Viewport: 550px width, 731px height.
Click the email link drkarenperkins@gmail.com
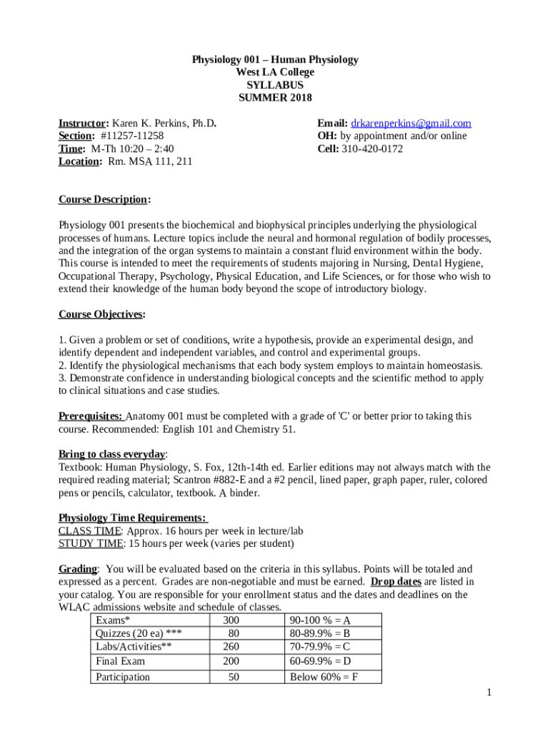[x=411, y=123]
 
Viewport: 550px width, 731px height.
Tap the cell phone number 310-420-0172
[x=372, y=148]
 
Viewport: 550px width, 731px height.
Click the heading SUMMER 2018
[x=275, y=98]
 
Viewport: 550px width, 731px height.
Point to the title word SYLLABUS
[x=275, y=85]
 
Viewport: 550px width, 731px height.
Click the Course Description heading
[x=104, y=199]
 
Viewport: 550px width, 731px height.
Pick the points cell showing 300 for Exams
[x=231, y=620]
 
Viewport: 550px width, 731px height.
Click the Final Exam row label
[x=120, y=661]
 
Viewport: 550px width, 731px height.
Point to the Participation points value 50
[x=234, y=677]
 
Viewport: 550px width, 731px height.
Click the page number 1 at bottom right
[x=489, y=692]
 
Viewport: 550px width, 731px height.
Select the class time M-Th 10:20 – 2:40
[x=132, y=148]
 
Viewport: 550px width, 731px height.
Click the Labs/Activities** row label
[x=134, y=647]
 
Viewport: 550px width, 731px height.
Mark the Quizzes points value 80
[x=233, y=633]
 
